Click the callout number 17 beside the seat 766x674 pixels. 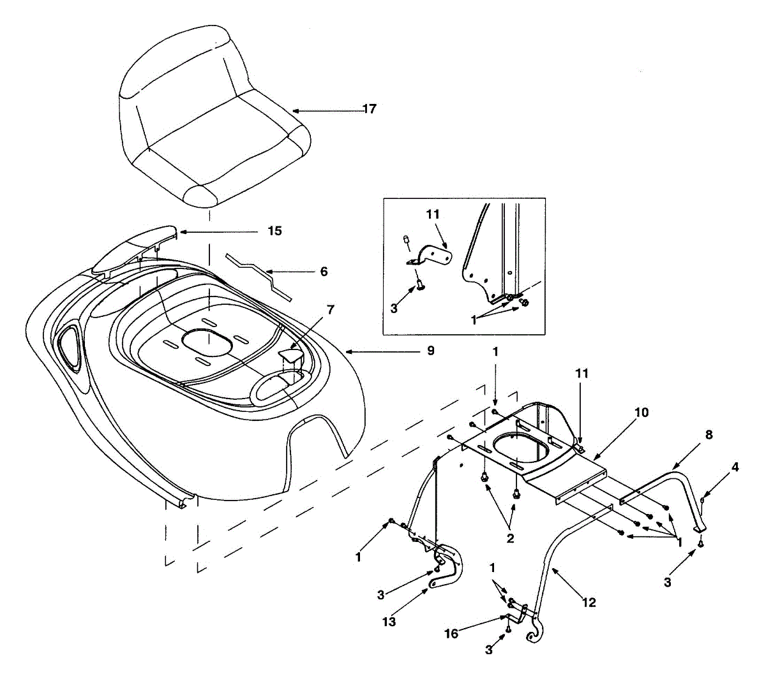[x=370, y=109]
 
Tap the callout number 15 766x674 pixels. [x=274, y=231]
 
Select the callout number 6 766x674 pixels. [x=324, y=272]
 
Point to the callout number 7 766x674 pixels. [x=330, y=309]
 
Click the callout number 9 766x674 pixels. [x=431, y=351]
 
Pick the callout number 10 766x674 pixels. [x=642, y=413]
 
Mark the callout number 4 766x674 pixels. [x=735, y=467]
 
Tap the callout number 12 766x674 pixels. [x=589, y=601]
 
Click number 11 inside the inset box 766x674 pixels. [x=433, y=215]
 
